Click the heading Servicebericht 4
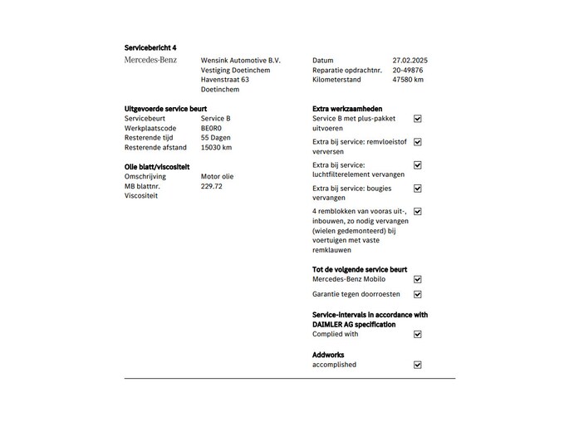click(150, 48)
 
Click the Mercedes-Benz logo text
click(150, 60)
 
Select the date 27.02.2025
click(410, 60)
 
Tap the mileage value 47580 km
click(408, 80)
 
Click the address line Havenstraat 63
click(225, 80)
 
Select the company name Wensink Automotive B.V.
click(241, 60)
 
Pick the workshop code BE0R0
click(211, 128)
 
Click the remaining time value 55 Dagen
click(216, 138)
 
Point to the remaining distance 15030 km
click(216, 148)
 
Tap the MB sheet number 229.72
click(212, 186)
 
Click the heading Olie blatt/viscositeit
click(163, 166)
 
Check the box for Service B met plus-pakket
click(418, 119)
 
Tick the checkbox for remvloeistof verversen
click(418, 142)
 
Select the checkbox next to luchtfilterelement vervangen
click(418, 165)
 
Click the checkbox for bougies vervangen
click(418, 189)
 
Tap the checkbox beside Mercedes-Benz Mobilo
click(418, 280)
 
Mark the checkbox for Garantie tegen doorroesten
click(418, 294)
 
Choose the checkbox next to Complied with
click(418, 334)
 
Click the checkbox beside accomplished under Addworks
click(418, 365)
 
